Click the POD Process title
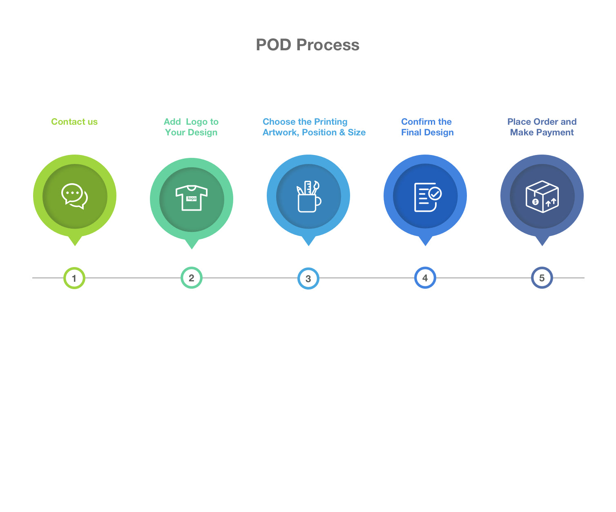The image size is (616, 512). [308, 45]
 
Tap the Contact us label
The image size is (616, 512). [74, 122]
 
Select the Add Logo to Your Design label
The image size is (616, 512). [191, 127]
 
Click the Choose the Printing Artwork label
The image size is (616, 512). [314, 127]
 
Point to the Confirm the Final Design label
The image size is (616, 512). [427, 127]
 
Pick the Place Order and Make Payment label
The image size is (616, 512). [542, 127]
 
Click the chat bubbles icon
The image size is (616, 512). [74, 196]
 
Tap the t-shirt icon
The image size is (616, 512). [192, 198]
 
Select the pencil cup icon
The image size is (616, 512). [308, 196]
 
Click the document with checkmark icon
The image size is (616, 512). [427, 197]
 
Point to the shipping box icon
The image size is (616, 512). [542, 196]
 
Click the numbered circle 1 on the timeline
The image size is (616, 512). [74, 278]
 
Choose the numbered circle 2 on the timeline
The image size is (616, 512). [192, 278]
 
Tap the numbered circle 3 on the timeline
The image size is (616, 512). [308, 278]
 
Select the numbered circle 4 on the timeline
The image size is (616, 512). [425, 278]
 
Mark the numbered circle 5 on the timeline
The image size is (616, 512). [542, 278]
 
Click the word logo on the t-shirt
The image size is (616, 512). [192, 198]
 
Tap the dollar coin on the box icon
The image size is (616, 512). [535, 202]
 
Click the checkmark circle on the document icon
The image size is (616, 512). [435, 194]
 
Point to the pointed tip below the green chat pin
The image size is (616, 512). [75, 246]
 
